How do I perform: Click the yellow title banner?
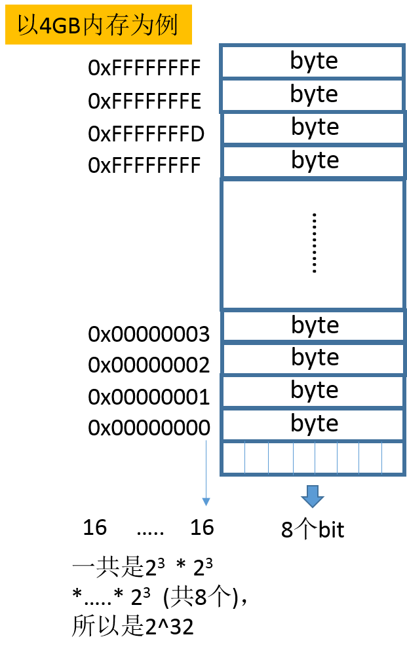click(98, 25)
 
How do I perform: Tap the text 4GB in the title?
click(60, 26)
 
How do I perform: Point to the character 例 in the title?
click(167, 26)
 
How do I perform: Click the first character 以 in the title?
click(28, 26)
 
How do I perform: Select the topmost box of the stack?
click(312, 62)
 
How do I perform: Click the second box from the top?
click(312, 96)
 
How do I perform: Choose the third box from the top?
click(313, 128)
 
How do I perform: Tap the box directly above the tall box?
click(313, 162)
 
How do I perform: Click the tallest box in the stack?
click(313, 244)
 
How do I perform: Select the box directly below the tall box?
click(313, 326)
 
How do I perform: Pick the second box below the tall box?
click(313, 359)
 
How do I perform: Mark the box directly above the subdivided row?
click(313, 425)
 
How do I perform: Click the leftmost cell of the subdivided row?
click(234, 458)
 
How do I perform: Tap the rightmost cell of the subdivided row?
click(392, 458)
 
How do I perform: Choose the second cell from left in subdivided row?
click(256, 458)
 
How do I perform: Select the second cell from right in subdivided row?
click(370, 458)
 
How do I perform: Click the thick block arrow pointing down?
click(313, 496)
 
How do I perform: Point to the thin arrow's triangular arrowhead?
click(206, 502)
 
